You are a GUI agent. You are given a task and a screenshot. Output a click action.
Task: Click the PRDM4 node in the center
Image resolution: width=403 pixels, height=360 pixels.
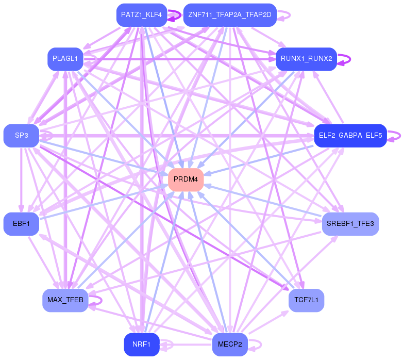(186, 179)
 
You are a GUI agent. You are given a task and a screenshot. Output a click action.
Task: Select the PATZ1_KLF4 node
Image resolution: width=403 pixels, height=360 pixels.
(142, 15)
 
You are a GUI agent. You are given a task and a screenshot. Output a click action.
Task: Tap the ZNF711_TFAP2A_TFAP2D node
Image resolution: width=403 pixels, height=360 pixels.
(230, 15)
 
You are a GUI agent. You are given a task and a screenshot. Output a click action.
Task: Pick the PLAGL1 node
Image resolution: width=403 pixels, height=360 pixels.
(65, 59)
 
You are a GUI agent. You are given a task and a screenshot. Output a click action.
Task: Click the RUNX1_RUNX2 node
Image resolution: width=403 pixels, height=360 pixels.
(306, 59)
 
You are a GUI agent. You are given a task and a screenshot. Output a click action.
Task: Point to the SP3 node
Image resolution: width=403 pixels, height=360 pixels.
(21, 136)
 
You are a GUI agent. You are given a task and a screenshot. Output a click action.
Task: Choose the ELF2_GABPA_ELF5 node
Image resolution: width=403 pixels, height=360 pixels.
(350, 136)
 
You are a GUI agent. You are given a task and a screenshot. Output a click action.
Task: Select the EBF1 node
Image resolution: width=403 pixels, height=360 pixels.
(21, 224)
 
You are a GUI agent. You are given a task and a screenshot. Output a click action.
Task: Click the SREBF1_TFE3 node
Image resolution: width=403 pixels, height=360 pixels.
(350, 224)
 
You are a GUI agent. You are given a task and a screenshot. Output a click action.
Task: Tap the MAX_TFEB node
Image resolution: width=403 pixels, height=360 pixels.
(65, 300)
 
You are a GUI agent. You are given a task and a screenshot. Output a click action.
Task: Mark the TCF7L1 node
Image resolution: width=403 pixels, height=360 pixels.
(306, 300)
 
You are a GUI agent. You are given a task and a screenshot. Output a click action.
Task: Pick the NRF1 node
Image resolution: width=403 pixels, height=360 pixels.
(142, 345)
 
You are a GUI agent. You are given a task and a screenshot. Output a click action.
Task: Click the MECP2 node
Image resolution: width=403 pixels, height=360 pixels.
(230, 345)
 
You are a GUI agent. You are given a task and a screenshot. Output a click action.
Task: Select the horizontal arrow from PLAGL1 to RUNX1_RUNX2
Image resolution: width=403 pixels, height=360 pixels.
(179, 59)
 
